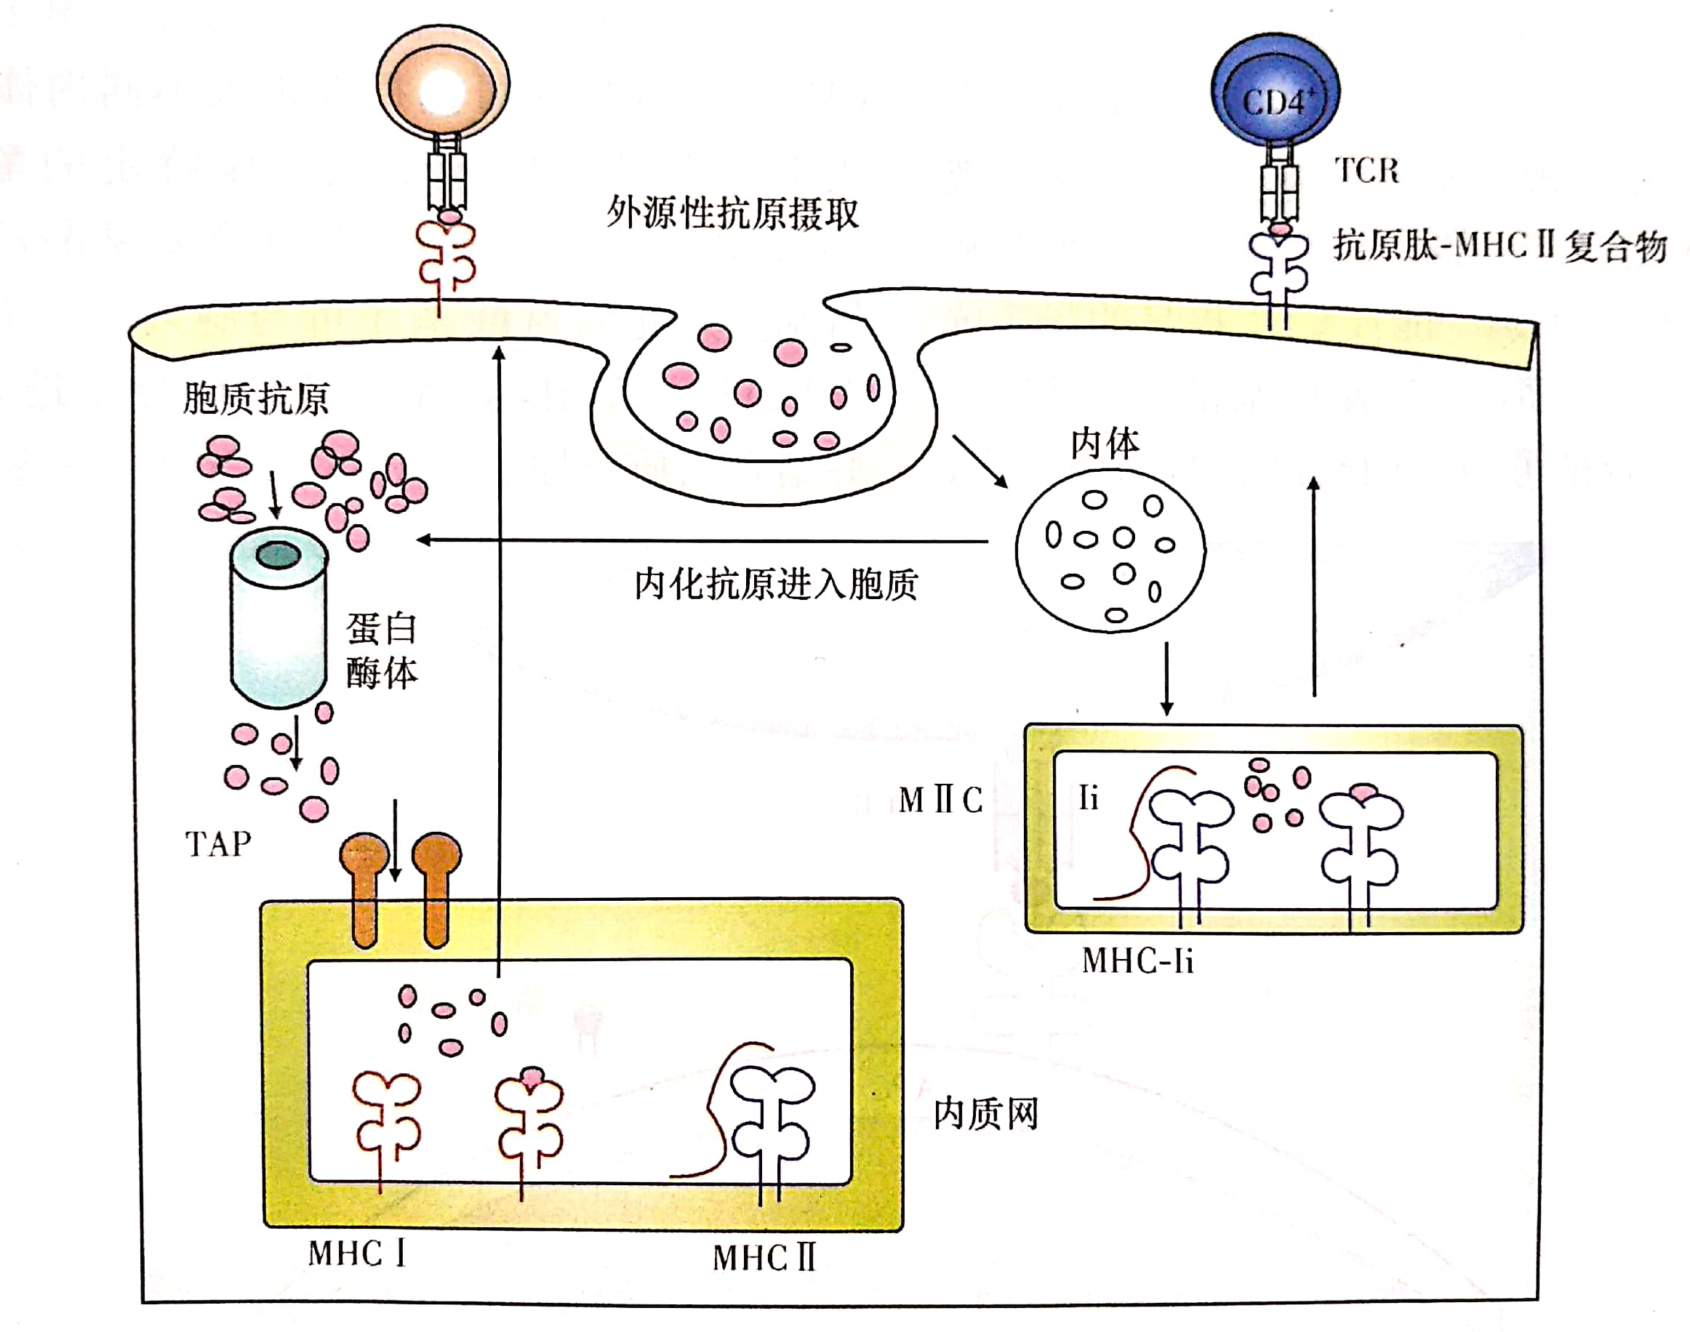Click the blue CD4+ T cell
[x=1274, y=90]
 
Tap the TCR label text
[x=1366, y=170]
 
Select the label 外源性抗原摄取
[x=732, y=212]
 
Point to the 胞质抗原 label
[x=256, y=398]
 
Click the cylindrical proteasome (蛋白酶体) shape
[x=278, y=620]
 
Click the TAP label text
[x=217, y=845]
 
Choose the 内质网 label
[x=986, y=1114]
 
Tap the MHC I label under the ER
[x=357, y=1254]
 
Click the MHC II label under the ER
[x=764, y=1258]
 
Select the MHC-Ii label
[x=1138, y=960]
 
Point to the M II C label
[x=940, y=800]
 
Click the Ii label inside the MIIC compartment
[x=1089, y=798]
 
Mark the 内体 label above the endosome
[x=1105, y=444]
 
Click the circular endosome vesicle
[x=1110, y=550]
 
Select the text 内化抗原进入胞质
[x=775, y=584]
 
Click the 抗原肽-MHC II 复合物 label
[x=1499, y=246]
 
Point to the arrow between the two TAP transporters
[x=396, y=840]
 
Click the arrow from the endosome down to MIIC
[x=1166, y=678]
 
